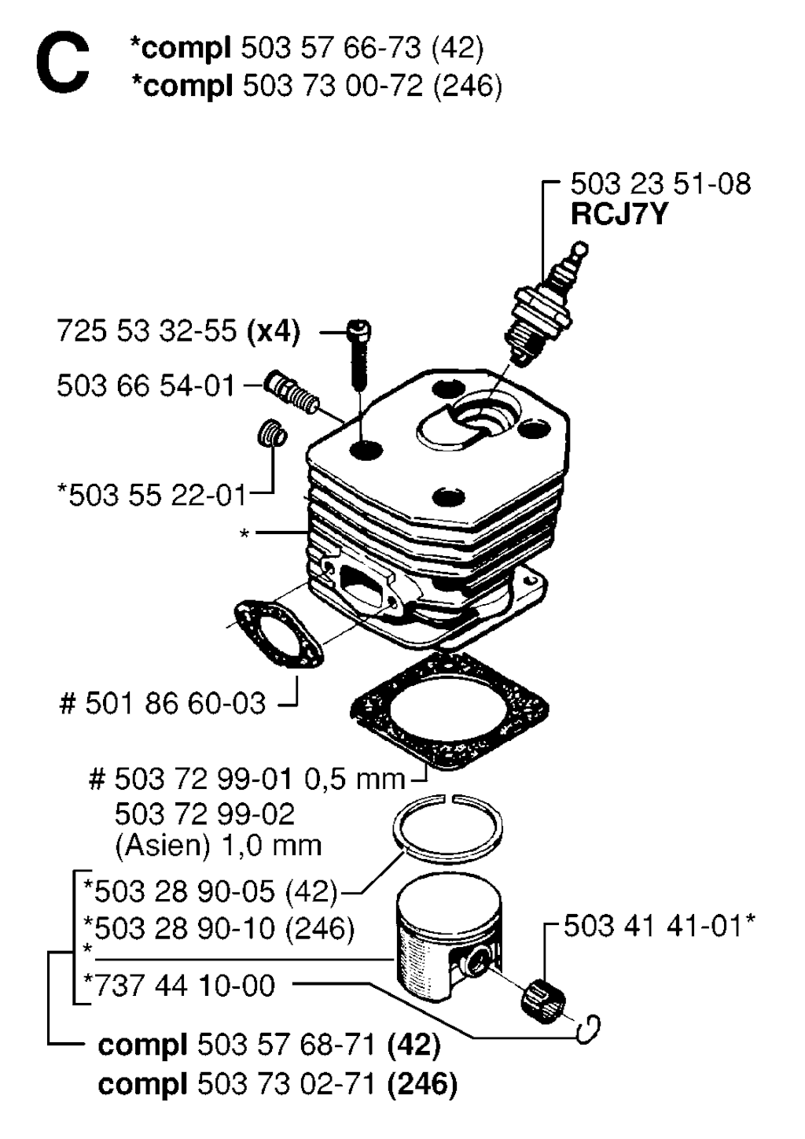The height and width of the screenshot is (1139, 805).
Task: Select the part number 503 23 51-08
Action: click(x=660, y=184)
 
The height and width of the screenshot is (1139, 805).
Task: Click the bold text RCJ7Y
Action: click(x=619, y=214)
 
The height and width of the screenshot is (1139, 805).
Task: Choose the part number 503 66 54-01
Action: click(x=145, y=385)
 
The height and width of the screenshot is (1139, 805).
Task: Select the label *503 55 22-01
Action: click(x=151, y=496)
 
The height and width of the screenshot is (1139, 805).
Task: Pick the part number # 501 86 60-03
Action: click(x=163, y=702)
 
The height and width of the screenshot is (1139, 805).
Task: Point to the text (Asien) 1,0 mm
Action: click(x=219, y=846)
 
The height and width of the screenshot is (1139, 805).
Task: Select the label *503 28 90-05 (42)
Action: click(x=211, y=892)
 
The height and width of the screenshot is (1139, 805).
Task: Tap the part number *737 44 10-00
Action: click(x=179, y=986)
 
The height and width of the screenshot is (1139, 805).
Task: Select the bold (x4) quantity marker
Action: click(x=274, y=331)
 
